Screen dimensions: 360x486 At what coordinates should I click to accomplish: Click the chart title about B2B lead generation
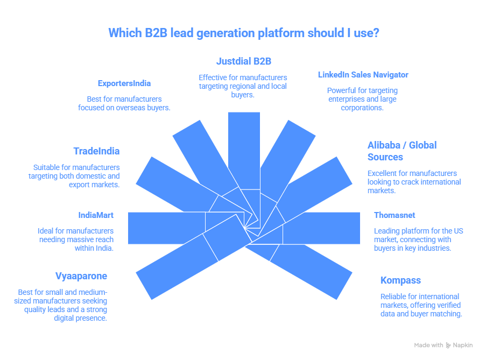pyautogui.click(x=243, y=33)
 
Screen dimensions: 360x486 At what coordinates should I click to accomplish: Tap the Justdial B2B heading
pyautogui.click(x=244, y=61)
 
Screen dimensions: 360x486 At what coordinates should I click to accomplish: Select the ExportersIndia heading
pyautogui.click(x=124, y=83)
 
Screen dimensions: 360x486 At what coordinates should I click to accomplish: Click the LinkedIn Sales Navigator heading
pyautogui.click(x=363, y=75)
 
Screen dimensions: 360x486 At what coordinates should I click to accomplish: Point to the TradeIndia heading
pyautogui.click(x=96, y=151)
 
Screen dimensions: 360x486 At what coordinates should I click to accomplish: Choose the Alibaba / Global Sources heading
pyautogui.click(x=402, y=151)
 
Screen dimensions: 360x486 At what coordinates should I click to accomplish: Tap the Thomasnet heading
pyautogui.click(x=395, y=215)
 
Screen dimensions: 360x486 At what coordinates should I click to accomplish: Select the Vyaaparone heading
pyautogui.click(x=81, y=276)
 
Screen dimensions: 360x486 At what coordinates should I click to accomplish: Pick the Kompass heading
pyautogui.click(x=400, y=280)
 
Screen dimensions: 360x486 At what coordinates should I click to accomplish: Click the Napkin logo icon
pyautogui.click(x=448, y=345)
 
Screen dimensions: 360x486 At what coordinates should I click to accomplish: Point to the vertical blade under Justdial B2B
pyautogui.click(x=244, y=145)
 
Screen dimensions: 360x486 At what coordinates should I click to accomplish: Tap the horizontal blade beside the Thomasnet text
pyautogui.click(x=328, y=228)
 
